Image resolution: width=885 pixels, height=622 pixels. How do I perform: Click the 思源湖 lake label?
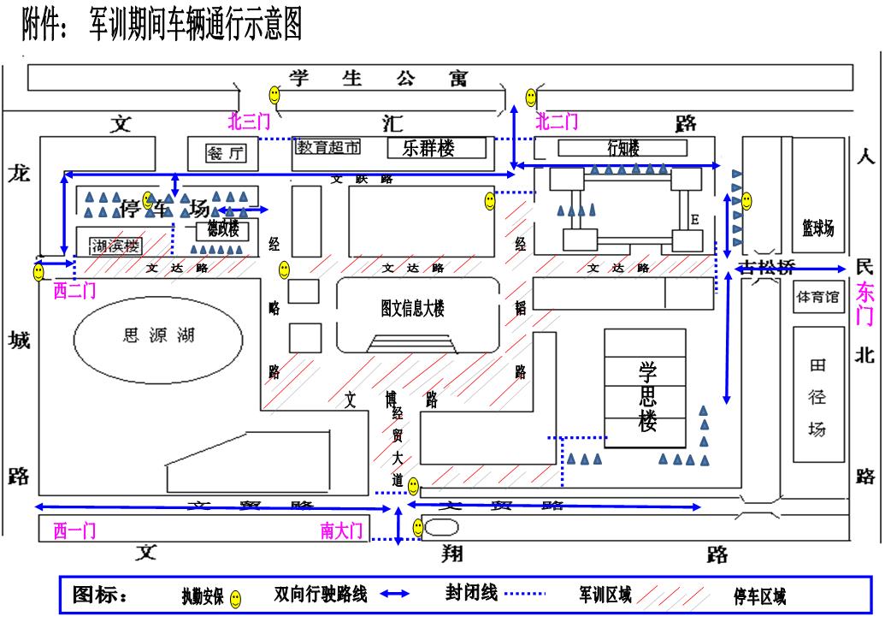pos(160,335)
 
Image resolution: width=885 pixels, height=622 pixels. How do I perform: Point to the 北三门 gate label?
pos(249,121)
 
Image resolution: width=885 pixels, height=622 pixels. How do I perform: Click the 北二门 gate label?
pos(557,121)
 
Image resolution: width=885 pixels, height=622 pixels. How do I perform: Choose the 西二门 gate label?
pos(75,292)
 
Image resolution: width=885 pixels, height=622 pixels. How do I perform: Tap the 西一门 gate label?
pos(75,531)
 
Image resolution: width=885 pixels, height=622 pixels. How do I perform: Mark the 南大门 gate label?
pos(342,531)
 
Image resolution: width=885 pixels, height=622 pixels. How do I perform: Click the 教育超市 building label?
pos(328,147)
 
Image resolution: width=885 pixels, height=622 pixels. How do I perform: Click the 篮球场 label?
pos(817,228)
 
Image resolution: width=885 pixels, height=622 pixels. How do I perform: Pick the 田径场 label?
pos(817,398)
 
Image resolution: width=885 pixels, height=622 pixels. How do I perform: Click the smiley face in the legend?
pos(236,600)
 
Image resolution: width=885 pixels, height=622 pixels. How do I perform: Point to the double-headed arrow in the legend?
pos(394,595)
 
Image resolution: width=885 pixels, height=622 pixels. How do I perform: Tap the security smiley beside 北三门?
pos(275,92)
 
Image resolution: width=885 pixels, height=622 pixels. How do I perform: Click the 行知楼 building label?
pos(623,148)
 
